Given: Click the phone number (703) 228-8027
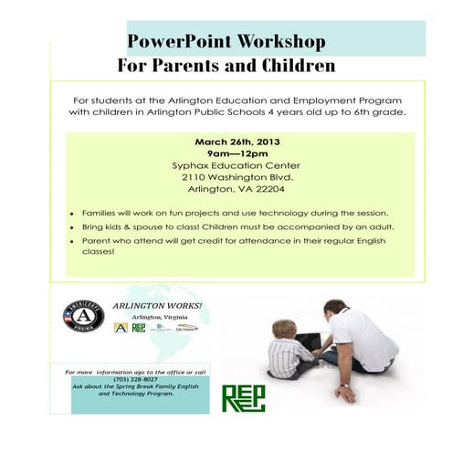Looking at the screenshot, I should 134,379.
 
